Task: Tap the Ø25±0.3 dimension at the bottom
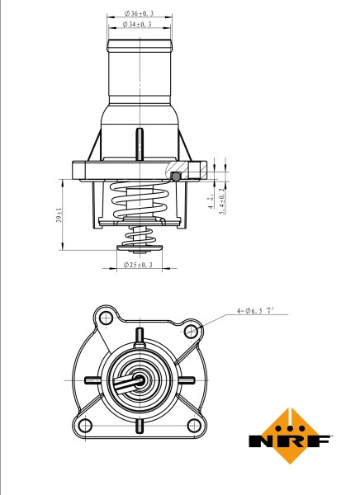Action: click(140, 265)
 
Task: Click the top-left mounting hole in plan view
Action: click(104, 318)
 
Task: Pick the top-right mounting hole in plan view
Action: click(192, 330)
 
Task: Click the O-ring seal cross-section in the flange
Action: click(175, 175)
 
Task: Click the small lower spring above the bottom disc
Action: click(139, 240)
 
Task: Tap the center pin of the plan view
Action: click(140, 382)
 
